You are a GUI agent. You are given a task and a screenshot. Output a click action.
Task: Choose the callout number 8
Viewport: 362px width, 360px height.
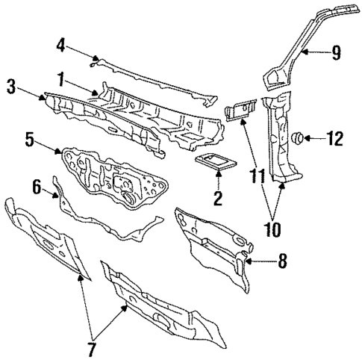[x=281, y=261]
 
